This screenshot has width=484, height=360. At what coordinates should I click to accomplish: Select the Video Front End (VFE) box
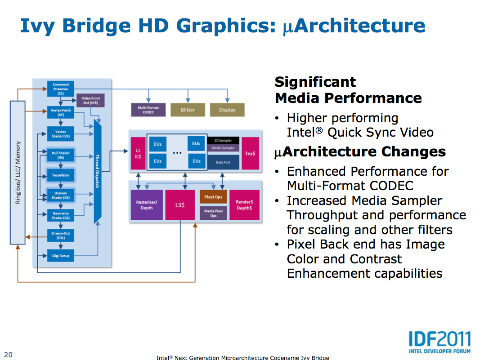[90, 101]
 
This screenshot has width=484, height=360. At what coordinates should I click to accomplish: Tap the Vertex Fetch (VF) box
[60, 112]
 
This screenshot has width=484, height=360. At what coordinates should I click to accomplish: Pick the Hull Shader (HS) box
[60, 156]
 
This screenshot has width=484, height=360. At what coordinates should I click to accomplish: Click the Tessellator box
[60, 175]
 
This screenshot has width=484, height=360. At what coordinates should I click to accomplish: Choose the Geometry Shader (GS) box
[60, 216]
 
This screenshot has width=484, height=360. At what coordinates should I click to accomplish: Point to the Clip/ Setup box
[60, 256]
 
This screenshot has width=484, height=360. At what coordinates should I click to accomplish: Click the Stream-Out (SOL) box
[60, 236]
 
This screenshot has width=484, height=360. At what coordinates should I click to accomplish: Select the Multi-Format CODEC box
[148, 110]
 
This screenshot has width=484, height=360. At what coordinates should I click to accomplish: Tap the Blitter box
[188, 110]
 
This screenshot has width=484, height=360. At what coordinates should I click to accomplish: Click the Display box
[227, 110]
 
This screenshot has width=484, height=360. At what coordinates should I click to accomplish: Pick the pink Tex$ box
[250, 153]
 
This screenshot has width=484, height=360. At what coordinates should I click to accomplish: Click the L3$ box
[180, 205]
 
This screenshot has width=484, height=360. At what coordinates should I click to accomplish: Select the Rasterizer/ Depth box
[146, 205]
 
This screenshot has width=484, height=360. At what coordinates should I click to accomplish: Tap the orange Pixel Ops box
[213, 197]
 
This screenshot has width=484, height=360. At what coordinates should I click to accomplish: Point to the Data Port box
[223, 162]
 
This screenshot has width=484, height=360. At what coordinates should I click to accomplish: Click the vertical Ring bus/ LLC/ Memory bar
[18, 173]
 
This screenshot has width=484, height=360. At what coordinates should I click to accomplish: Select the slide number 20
[8, 355]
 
